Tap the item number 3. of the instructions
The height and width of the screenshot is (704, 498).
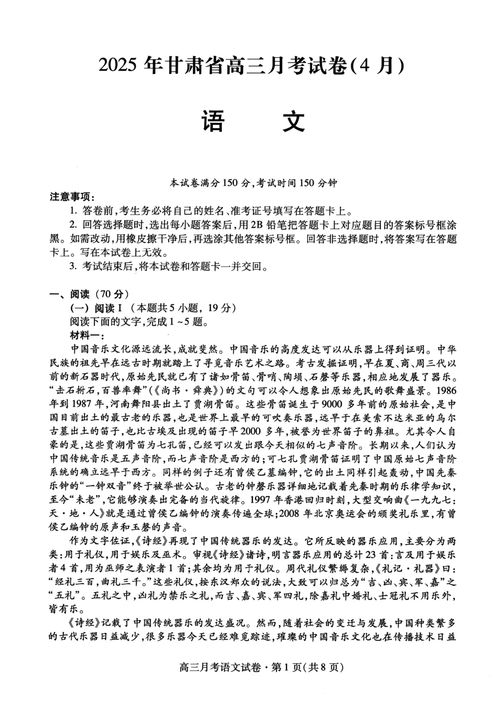72,266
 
